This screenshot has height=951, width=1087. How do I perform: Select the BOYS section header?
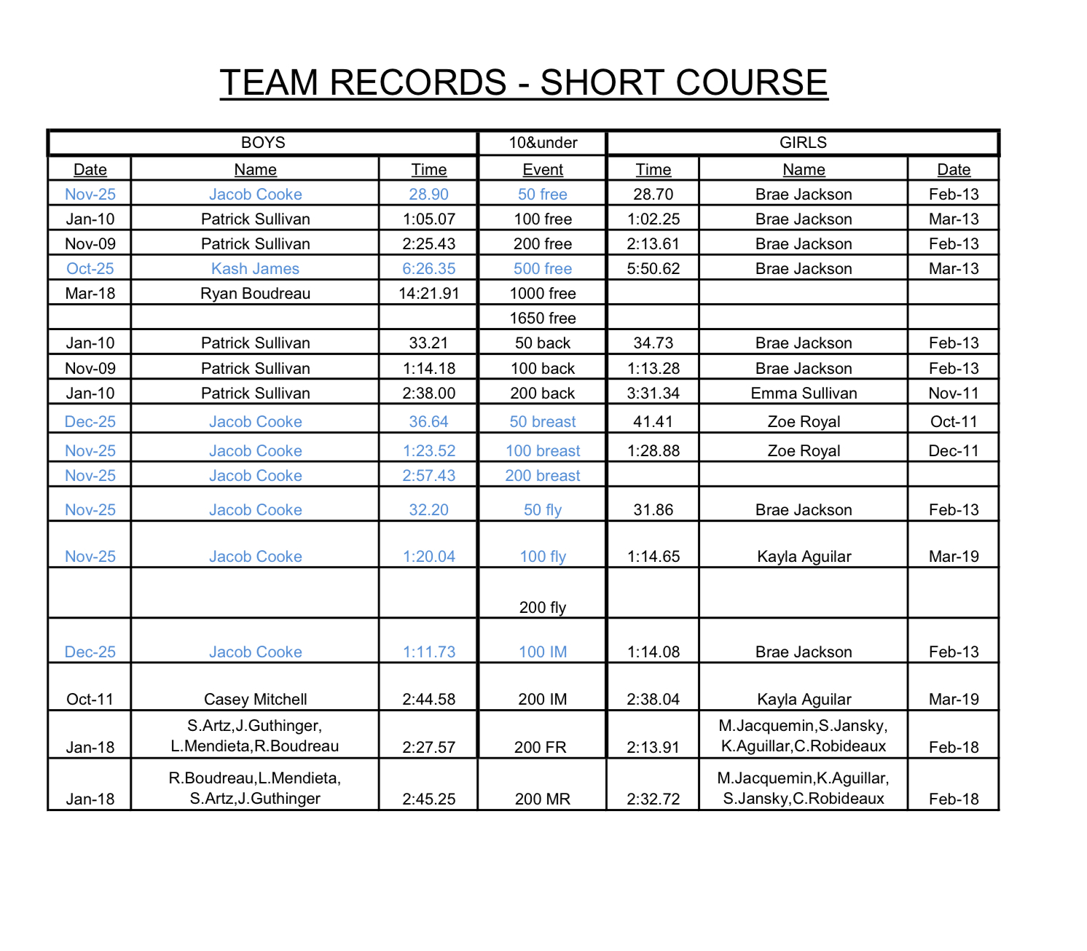click(x=263, y=143)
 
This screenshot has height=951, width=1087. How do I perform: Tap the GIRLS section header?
click(x=803, y=143)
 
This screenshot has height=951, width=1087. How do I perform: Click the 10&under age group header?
click(x=543, y=143)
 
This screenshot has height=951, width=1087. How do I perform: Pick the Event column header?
click(x=543, y=170)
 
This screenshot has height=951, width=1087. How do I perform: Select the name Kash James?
click(x=255, y=269)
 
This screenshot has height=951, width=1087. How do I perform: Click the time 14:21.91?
click(x=428, y=294)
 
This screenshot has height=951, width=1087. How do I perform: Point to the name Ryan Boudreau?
click(x=255, y=294)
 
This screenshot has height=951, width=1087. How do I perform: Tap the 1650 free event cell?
click(x=543, y=318)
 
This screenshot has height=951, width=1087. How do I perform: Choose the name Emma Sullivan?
click(x=804, y=394)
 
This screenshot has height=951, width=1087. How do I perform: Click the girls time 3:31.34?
click(x=653, y=394)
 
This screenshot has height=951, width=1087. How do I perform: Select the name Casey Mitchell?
click(x=255, y=700)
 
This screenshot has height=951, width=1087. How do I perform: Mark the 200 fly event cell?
click(x=543, y=608)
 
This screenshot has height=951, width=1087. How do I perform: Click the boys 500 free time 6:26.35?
click(x=428, y=269)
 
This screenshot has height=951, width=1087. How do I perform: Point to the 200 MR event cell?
click(x=543, y=799)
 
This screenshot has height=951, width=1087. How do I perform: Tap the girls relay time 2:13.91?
click(x=653, y=748)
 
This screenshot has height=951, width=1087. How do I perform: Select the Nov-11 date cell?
click(x=954, y=394)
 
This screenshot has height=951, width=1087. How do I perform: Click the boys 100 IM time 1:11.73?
click(x=428, y=652)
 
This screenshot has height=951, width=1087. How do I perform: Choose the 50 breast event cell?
click(x=543, y=422)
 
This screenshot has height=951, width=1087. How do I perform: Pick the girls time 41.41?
click(x=653, y=422)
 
